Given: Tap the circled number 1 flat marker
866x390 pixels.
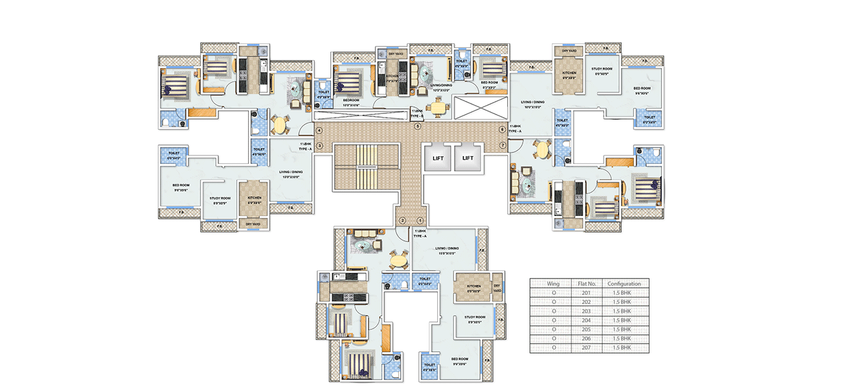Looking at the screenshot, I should (x=420, y=220).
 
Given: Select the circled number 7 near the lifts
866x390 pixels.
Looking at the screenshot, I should (x=502, y=146).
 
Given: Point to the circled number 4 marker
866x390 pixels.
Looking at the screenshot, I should (x=320, y=130).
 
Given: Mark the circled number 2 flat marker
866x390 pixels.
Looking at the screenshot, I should (x=402, y=220).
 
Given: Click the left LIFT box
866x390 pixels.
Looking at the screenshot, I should (x=438, y=158).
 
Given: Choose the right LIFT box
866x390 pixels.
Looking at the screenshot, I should (x=468, y=158).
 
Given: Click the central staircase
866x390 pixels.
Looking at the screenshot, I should (x=366, y=167).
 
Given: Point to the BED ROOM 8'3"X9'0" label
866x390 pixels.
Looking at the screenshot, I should (x=489, y=84).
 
